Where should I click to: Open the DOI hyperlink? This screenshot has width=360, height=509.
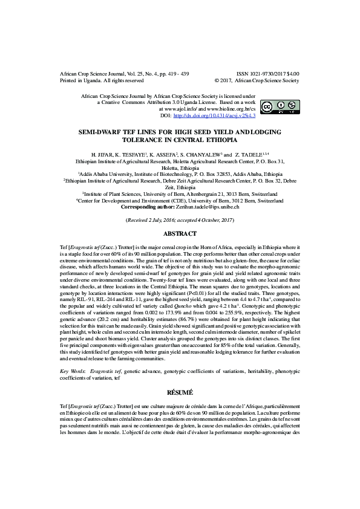pyautogui.click(x=223, y=115)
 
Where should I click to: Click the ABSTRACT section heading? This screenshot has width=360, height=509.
pyautogui.click(x=180, y=233)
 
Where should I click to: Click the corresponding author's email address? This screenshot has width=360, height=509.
pyautogui.click(x=208, y=207)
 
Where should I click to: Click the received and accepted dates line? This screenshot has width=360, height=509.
pyautogui.click(x=180, y=221)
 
